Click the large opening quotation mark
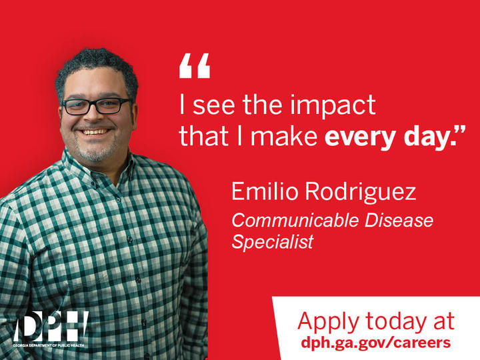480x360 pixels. point(194,66)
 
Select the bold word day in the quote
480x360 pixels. point(423,136)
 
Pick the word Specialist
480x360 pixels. point(272,241)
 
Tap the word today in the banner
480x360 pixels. point(391,321)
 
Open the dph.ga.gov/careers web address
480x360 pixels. point(375,343)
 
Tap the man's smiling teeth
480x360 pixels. point(96,132)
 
